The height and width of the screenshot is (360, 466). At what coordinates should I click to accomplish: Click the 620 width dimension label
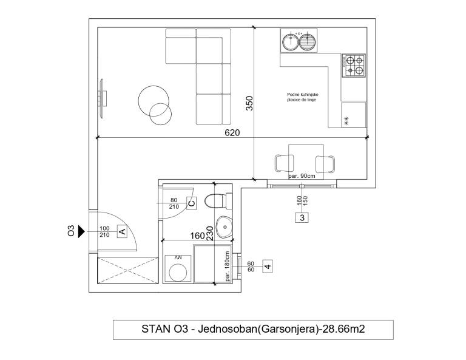tap(232, 132)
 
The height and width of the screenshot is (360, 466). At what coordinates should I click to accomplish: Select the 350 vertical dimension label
tap(249, 103)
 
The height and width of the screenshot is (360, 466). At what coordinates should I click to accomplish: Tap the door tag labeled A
tap(122, 231)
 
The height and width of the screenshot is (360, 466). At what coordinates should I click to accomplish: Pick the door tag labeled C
tap(191, 203)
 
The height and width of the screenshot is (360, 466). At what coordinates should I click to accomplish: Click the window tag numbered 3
tap(302, 217)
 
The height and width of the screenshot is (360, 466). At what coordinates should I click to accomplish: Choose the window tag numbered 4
tap(268, 266)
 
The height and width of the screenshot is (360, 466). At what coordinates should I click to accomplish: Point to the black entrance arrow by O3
tap(81, 231)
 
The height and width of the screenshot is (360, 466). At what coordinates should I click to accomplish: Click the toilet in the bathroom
tap(218, 201)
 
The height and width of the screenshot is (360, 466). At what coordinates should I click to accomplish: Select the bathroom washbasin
tap(225, 227)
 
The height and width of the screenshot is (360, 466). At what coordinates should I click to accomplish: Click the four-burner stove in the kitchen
tap(354, 66)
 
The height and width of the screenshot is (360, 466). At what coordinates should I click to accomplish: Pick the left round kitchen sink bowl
tap(291, 42)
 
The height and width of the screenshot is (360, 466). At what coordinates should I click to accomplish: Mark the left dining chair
tap(285, 163)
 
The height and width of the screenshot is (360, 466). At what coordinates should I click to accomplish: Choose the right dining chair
tap(325, 164)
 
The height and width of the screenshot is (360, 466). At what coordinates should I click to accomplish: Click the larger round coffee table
tap(154, 101)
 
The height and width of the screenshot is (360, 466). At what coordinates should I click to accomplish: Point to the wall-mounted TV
tap(102, 98)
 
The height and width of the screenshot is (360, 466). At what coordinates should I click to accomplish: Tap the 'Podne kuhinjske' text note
tap(303, 95)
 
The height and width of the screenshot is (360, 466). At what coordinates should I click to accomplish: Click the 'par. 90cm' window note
tap(302, 176)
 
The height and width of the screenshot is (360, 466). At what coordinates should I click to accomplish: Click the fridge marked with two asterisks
tap(354, 115)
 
